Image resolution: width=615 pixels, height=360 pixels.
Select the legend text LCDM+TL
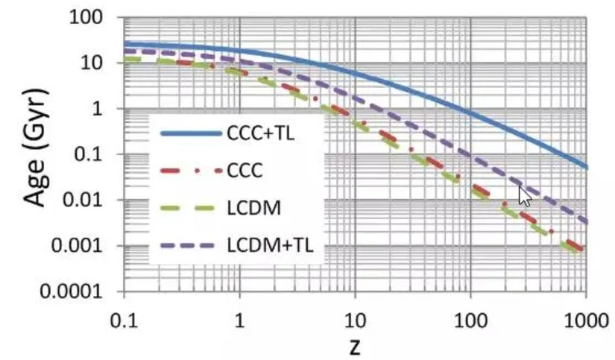[276, 245]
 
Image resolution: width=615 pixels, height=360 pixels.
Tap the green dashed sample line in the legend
[189, 209]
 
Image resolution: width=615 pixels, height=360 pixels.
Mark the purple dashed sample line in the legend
[189, 245]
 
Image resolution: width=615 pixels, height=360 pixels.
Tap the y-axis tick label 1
[105, 109]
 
